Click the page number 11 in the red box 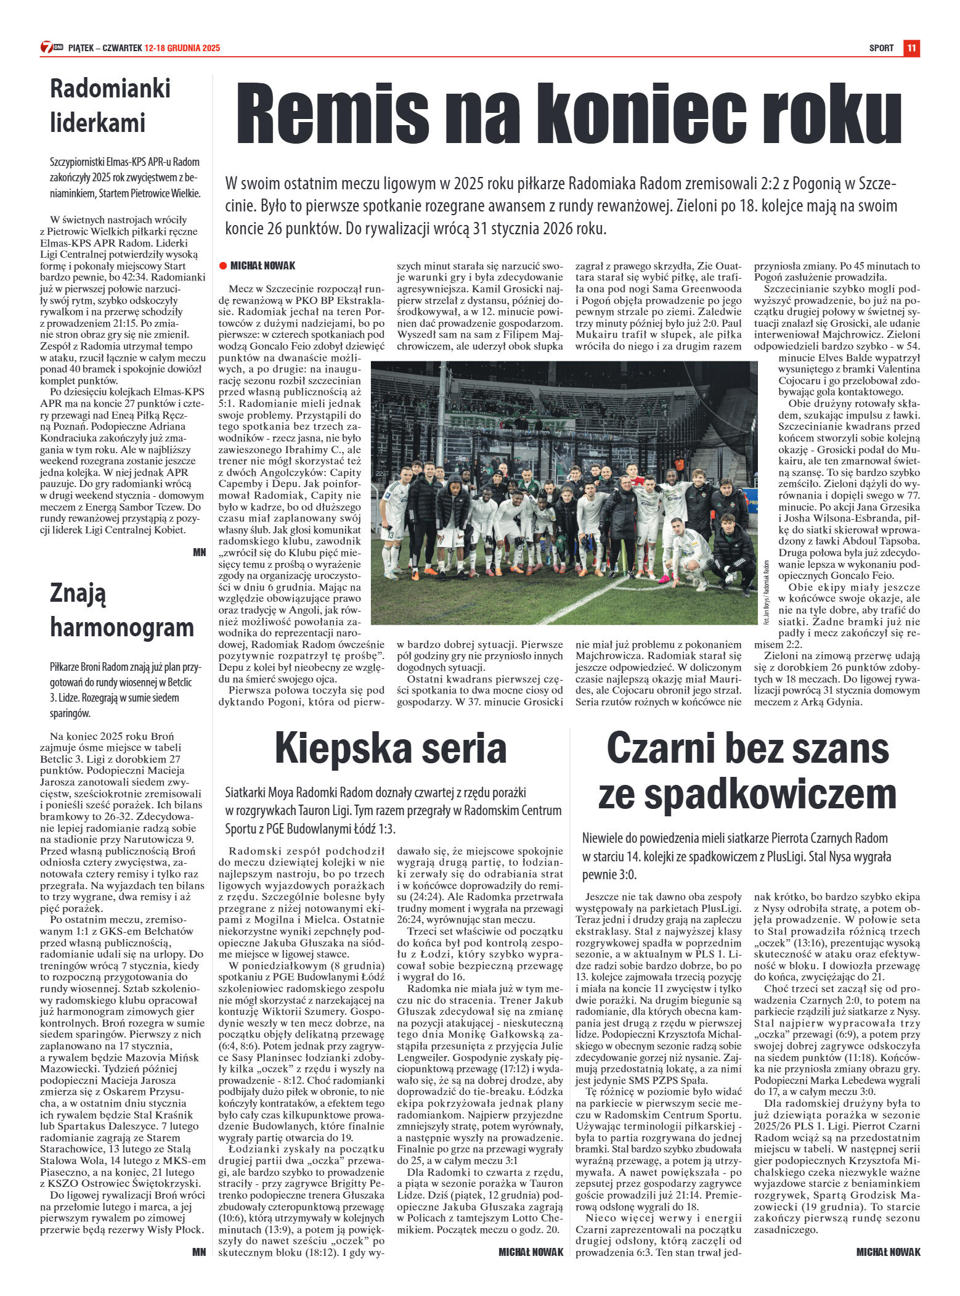912,48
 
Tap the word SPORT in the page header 881,48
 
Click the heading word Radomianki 110,88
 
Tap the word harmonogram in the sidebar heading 122,628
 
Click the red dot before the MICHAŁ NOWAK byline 223,266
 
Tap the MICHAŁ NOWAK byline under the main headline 262,266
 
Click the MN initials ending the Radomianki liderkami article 199,552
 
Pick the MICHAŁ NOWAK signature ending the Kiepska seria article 531,1252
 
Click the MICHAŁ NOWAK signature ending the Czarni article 888,1252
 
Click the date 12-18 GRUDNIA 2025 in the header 182,48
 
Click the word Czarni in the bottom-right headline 662,748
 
